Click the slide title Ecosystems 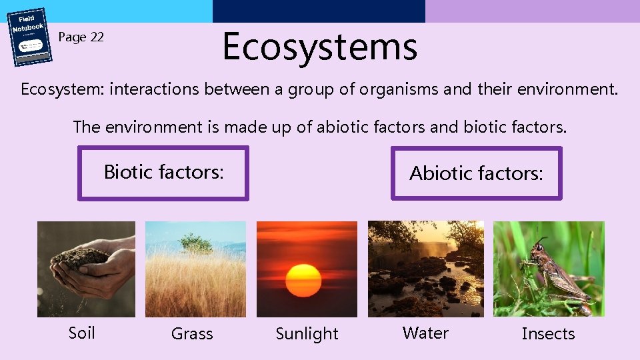tap(319, 47)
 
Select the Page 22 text tap(81, 37)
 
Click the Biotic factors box tap(163, 173)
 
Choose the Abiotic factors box tap(476, 173)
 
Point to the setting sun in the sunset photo tap(303, 279)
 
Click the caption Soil tap(82, 333)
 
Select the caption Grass tap(192, 334)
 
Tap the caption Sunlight tap(307, 334)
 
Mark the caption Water tap(425, 333)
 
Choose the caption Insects tap(548, 334)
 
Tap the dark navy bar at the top tap(319, 11)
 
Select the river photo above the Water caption tap(426, 269)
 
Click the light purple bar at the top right tap(532, 11)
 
